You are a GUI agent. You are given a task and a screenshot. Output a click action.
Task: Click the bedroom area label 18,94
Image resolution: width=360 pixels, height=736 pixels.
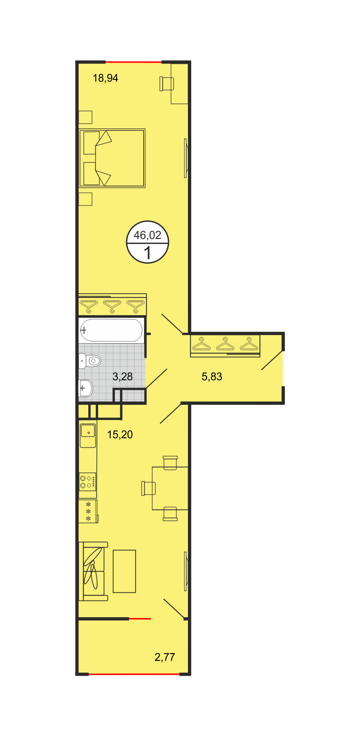[105, 78]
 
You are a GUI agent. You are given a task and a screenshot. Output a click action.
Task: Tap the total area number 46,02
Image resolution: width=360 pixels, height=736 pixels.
[148, 235]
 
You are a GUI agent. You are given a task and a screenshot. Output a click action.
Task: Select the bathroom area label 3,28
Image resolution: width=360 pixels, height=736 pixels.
[123, 377]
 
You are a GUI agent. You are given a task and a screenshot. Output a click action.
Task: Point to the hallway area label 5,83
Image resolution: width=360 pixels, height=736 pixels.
[212, 377]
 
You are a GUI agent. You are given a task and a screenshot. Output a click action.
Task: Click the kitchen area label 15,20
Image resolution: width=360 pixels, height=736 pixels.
[120, 435]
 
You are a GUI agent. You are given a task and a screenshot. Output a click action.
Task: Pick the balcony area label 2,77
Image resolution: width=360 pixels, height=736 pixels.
[165, 657]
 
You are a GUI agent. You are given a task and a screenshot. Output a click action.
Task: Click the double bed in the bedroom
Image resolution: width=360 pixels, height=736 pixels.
[112, 158]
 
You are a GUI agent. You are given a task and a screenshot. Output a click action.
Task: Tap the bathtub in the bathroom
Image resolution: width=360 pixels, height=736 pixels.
[111, 330]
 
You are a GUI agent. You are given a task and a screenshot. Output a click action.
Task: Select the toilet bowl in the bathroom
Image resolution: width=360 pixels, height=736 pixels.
[90, 361]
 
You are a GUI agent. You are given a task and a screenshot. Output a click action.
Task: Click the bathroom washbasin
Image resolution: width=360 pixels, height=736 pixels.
[86, 388]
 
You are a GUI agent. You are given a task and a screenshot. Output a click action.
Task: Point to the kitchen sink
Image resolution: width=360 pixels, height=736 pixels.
[88, 436]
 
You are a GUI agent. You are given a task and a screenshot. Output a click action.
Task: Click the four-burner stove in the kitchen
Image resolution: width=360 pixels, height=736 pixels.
[88, 482]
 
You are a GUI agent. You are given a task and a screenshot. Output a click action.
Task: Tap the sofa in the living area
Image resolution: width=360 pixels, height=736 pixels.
[93, 571]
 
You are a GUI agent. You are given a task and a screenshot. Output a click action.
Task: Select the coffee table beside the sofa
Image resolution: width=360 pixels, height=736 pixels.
[125, 571]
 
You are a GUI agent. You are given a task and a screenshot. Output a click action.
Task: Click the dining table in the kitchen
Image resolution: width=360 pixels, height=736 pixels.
[170, 488]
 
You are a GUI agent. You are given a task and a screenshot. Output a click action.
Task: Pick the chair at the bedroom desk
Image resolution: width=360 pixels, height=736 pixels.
[167, 84]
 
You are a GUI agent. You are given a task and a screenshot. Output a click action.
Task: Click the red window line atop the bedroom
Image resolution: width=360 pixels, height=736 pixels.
[133, 62]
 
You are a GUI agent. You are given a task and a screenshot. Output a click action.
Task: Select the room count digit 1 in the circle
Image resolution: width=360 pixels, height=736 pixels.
[148, 253]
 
